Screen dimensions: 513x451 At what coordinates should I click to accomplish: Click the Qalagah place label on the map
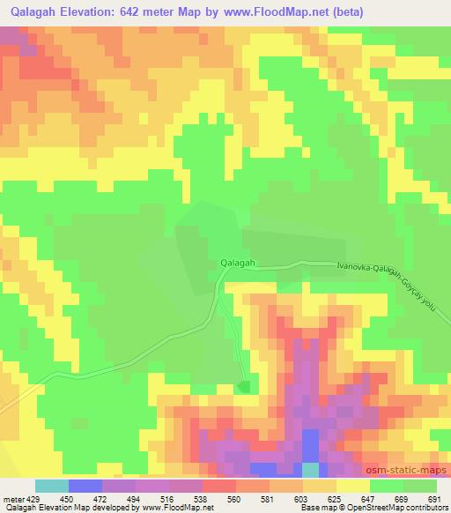tap(237, 263)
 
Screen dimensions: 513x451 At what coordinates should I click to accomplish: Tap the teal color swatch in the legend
tap(52, 486)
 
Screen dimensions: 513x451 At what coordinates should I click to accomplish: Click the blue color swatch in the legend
tap(85, 486)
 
